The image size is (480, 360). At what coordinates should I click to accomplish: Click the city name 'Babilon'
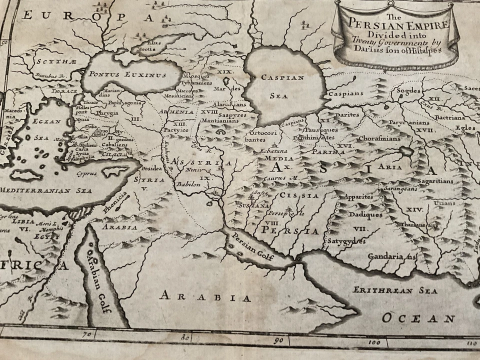pyautogui.click(x=188, y=184)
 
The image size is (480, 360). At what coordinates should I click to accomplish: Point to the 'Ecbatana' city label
pyautogui.click(x=272, y=149)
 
